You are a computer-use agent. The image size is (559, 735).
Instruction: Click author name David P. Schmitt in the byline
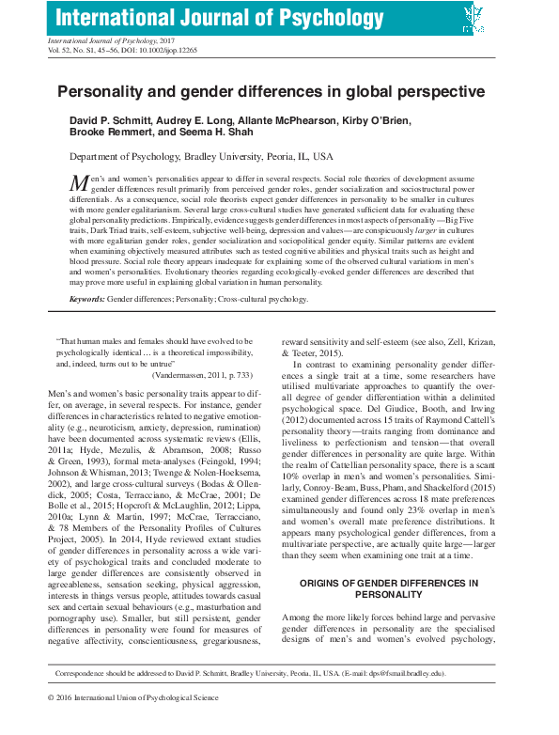click(x=114, y=122)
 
